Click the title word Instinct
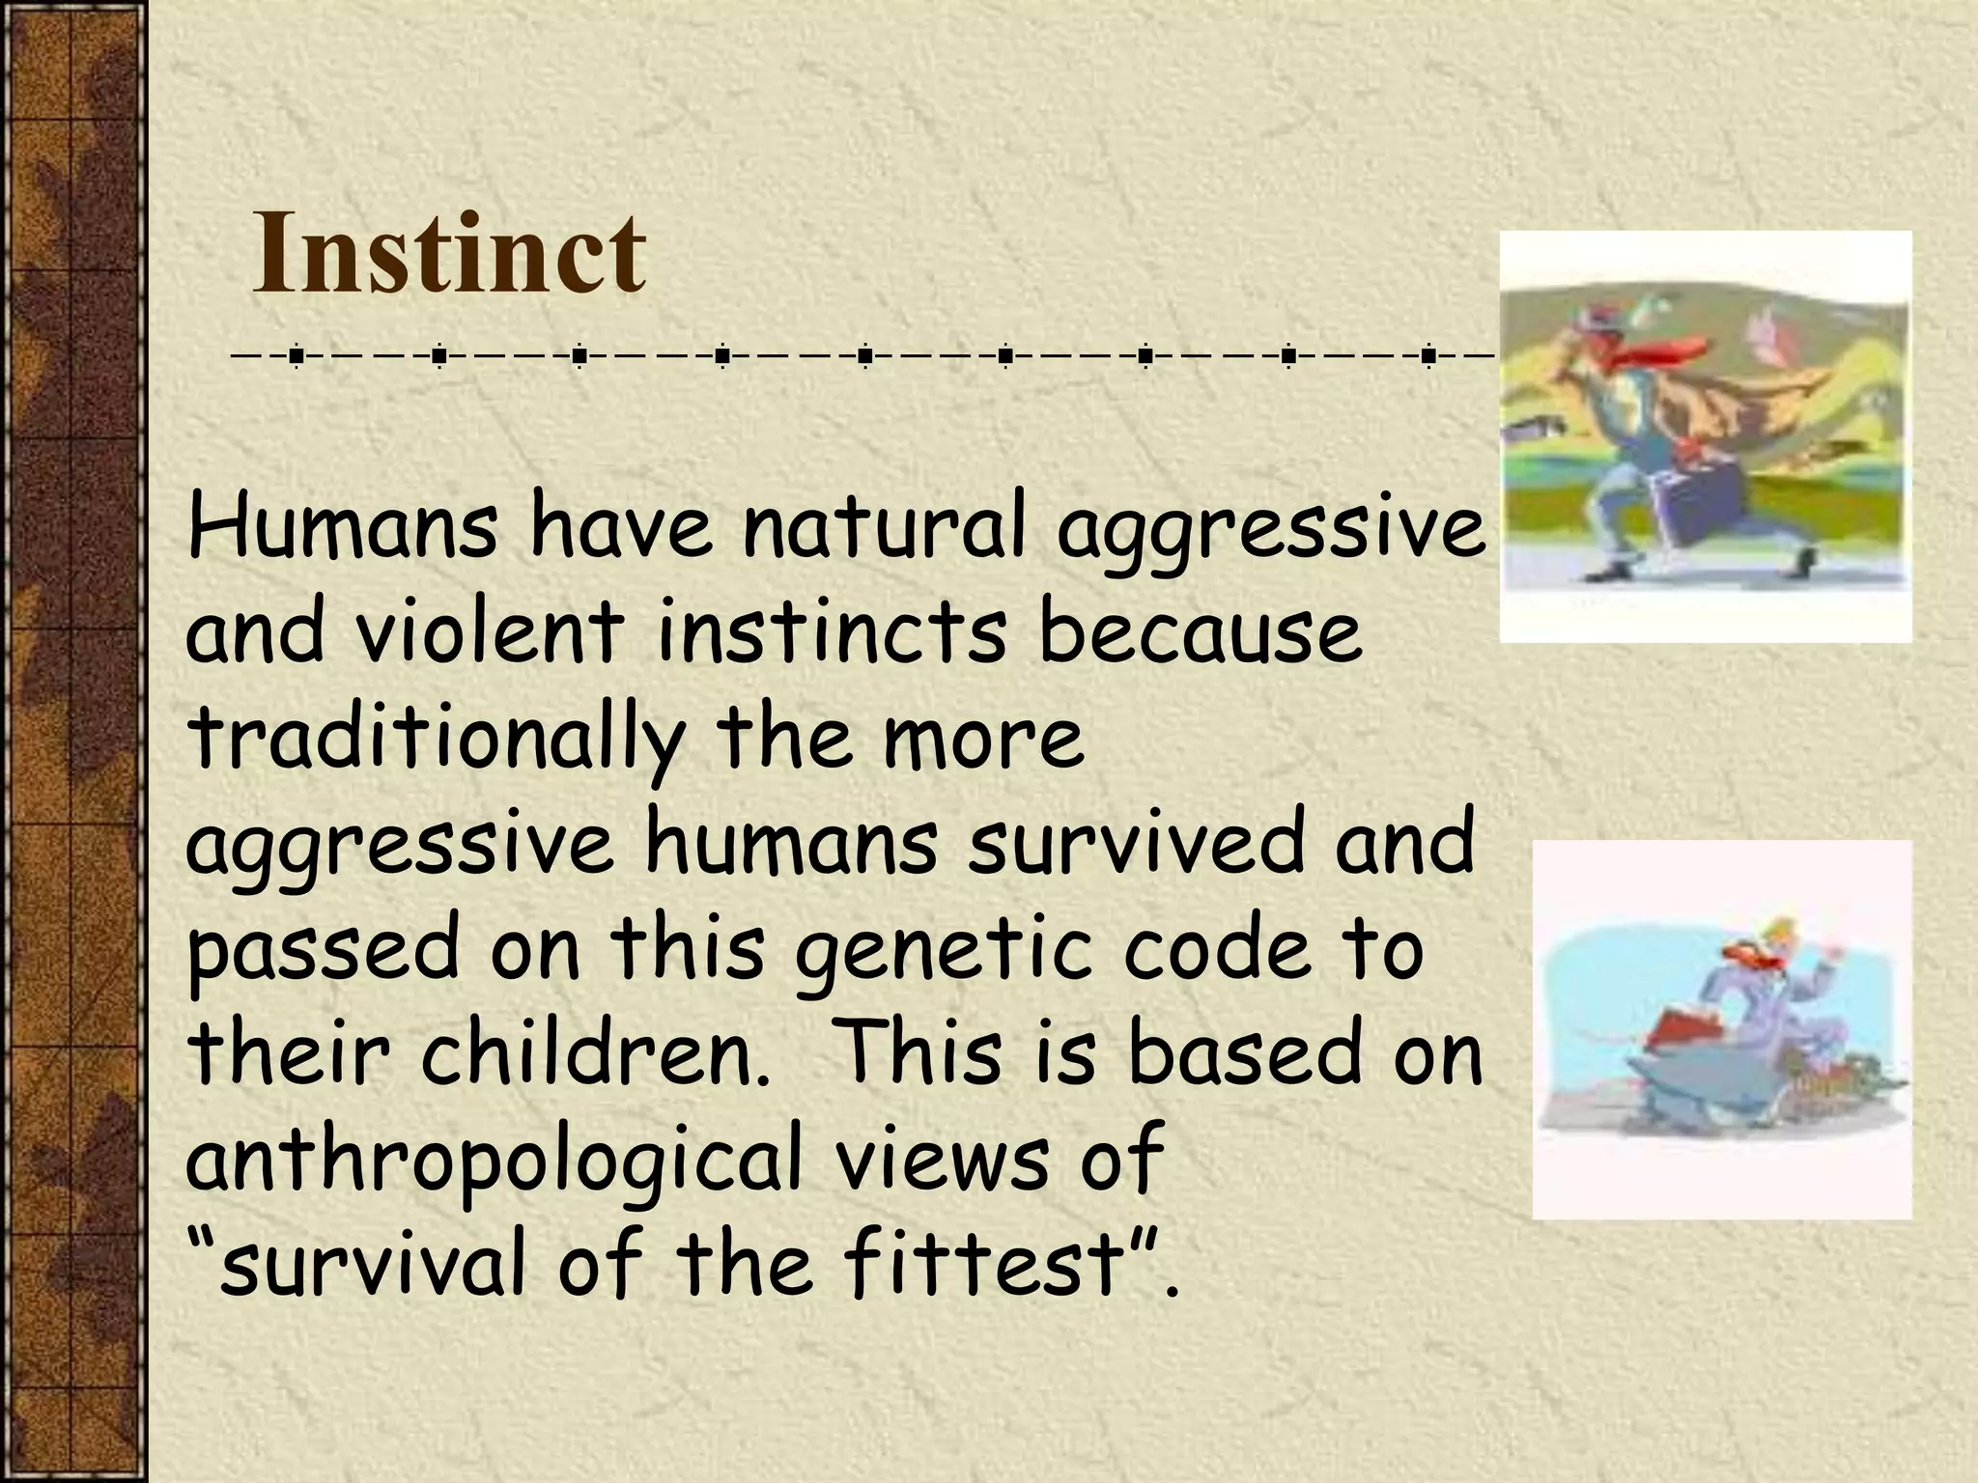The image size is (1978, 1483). point(448,253)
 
